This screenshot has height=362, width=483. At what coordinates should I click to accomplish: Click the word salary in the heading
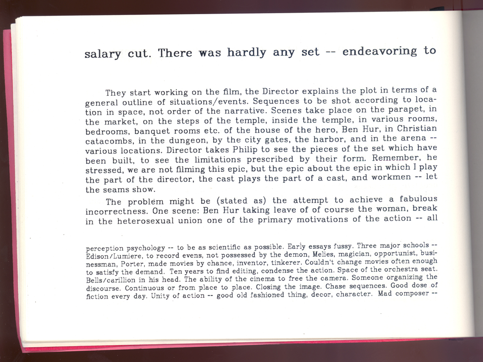pyautogui.click(x=102, y=54)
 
